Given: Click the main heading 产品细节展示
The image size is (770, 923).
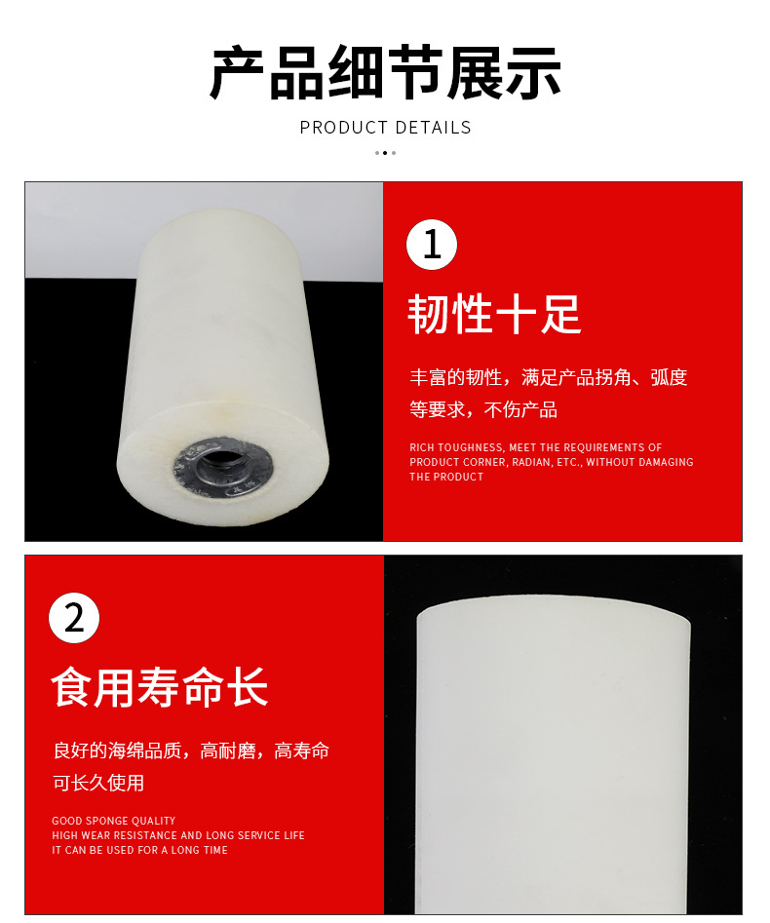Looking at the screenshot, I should [385, 74].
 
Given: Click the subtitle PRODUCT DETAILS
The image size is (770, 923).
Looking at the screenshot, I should [385, 128].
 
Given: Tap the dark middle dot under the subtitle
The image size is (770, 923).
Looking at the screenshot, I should [385, 153].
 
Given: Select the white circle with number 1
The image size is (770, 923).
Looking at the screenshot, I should [432, 245].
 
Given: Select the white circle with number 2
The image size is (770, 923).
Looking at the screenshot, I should [74, 617].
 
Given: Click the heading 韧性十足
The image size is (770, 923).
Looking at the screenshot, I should [494, 314].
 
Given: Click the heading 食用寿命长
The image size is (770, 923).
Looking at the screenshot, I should [160, 686].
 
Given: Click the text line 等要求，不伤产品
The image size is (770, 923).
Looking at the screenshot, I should [483, 409].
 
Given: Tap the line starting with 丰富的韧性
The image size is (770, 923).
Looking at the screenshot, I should [548, 377].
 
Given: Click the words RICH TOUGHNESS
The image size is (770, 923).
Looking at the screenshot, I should [456, 447].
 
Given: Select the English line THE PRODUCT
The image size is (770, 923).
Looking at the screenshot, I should [446, 477].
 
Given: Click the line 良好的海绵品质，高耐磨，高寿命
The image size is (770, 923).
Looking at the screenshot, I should [191, 750].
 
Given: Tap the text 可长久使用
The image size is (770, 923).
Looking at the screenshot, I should [98, 783].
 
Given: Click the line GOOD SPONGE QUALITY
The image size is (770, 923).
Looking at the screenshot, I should [114, 821].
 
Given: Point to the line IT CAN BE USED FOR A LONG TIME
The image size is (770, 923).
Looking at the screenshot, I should [139, 850].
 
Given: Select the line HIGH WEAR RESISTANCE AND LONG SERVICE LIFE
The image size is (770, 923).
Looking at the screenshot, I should [178, 835].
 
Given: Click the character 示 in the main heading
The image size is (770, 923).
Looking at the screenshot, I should [533, 74].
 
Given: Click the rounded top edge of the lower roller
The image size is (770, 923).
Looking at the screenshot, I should [554, 602].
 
